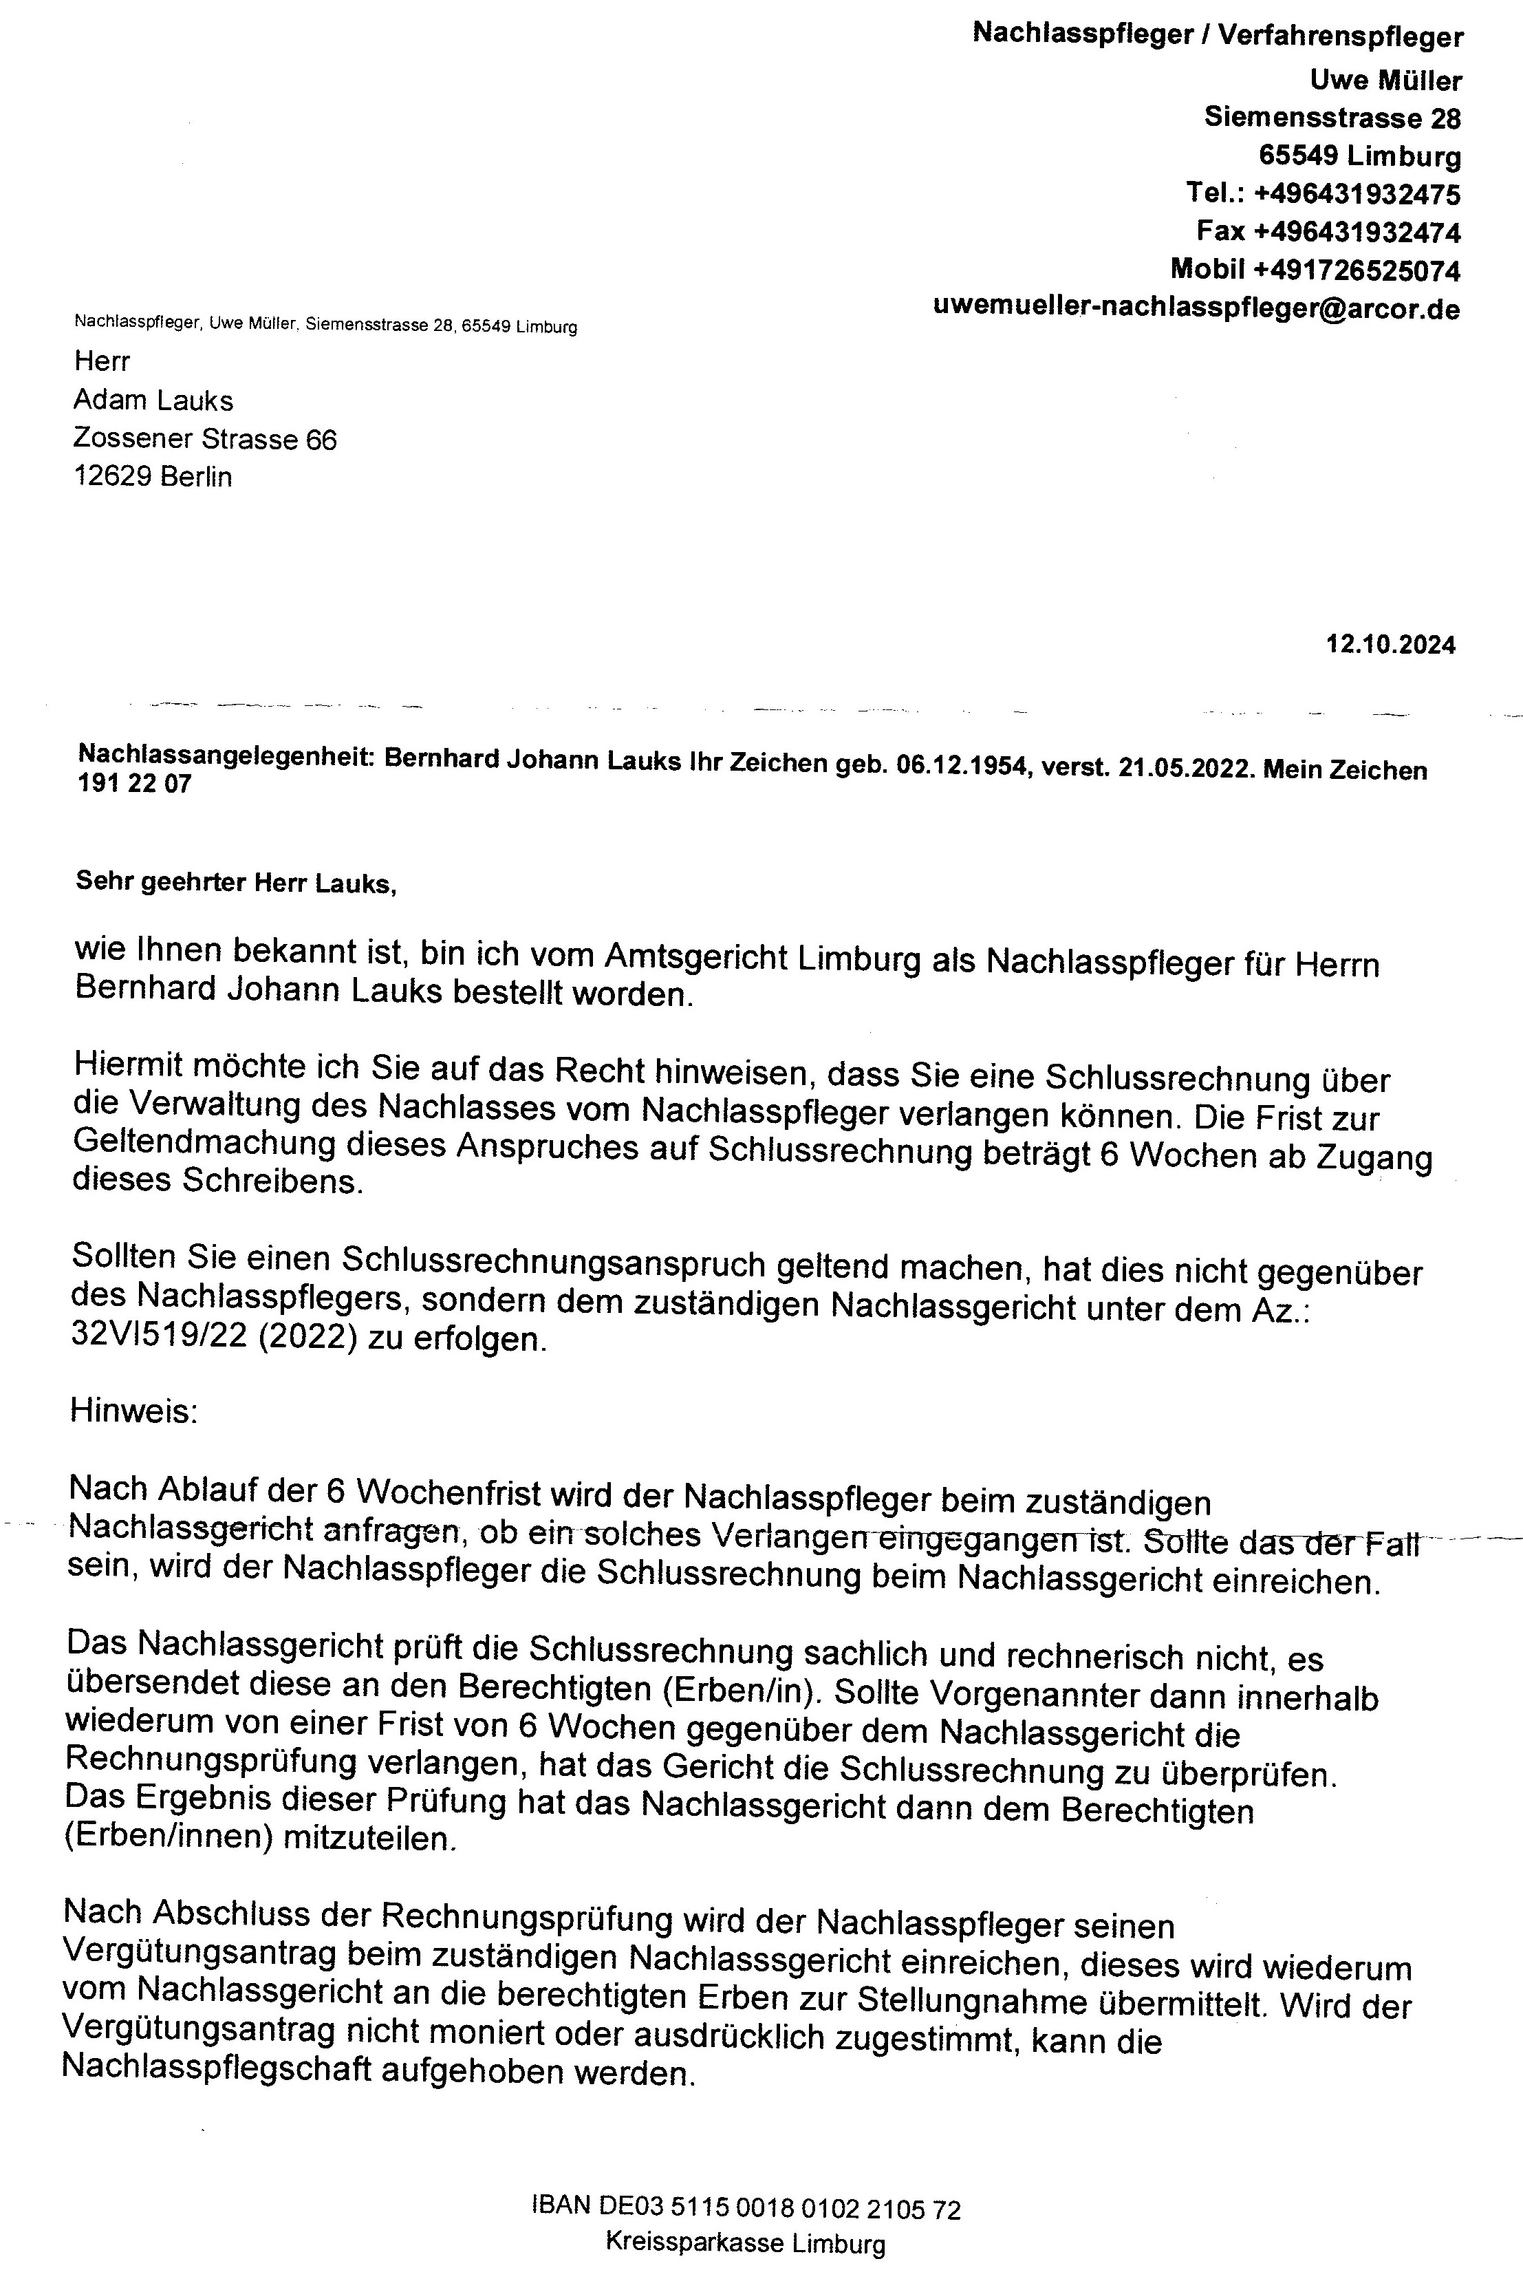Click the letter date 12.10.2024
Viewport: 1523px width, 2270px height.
[x=1391, y=645]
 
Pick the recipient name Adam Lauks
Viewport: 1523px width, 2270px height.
[x=153, y=400]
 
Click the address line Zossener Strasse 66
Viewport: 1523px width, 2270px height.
[x=205, y=439]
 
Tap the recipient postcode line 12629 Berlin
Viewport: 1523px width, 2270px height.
[x=153, y=477]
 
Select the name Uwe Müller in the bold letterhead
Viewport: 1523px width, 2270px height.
[x=1386, y=80]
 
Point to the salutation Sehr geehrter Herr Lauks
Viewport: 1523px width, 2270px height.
[x=236, y=884]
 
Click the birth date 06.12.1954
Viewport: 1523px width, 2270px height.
[x=962, y=767]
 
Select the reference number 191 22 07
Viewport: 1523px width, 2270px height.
[x=135, y=784]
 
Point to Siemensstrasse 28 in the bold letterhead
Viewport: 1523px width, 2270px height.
[x=1332, y=118]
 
